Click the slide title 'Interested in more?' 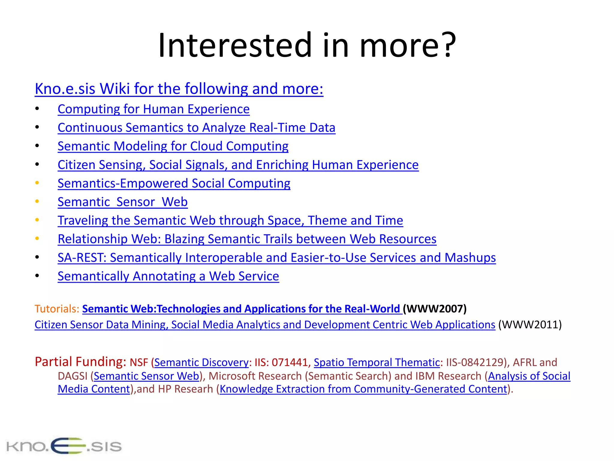click(307, 45)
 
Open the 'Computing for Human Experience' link click(153, 109)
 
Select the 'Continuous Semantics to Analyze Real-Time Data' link click(196, 128)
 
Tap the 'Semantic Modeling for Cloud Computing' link click(173, 146)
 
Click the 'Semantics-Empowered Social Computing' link click(174, 183)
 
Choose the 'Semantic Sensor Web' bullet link click(123, 202)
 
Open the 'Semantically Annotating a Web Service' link click(168, 276)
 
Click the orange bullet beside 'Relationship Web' click(37, 239)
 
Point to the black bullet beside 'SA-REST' click(37, 257)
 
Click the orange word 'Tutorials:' click(57, 309)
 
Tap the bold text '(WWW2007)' click(435, 309)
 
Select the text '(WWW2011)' click(530, 325)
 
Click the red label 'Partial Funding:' click(80, 362)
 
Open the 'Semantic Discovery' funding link click(201, 363)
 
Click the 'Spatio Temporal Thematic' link click(377, 363)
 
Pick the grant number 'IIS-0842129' click(475, 363)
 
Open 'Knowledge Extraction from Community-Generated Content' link click(363, 389)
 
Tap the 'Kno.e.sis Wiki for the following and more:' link click(179, 89)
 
